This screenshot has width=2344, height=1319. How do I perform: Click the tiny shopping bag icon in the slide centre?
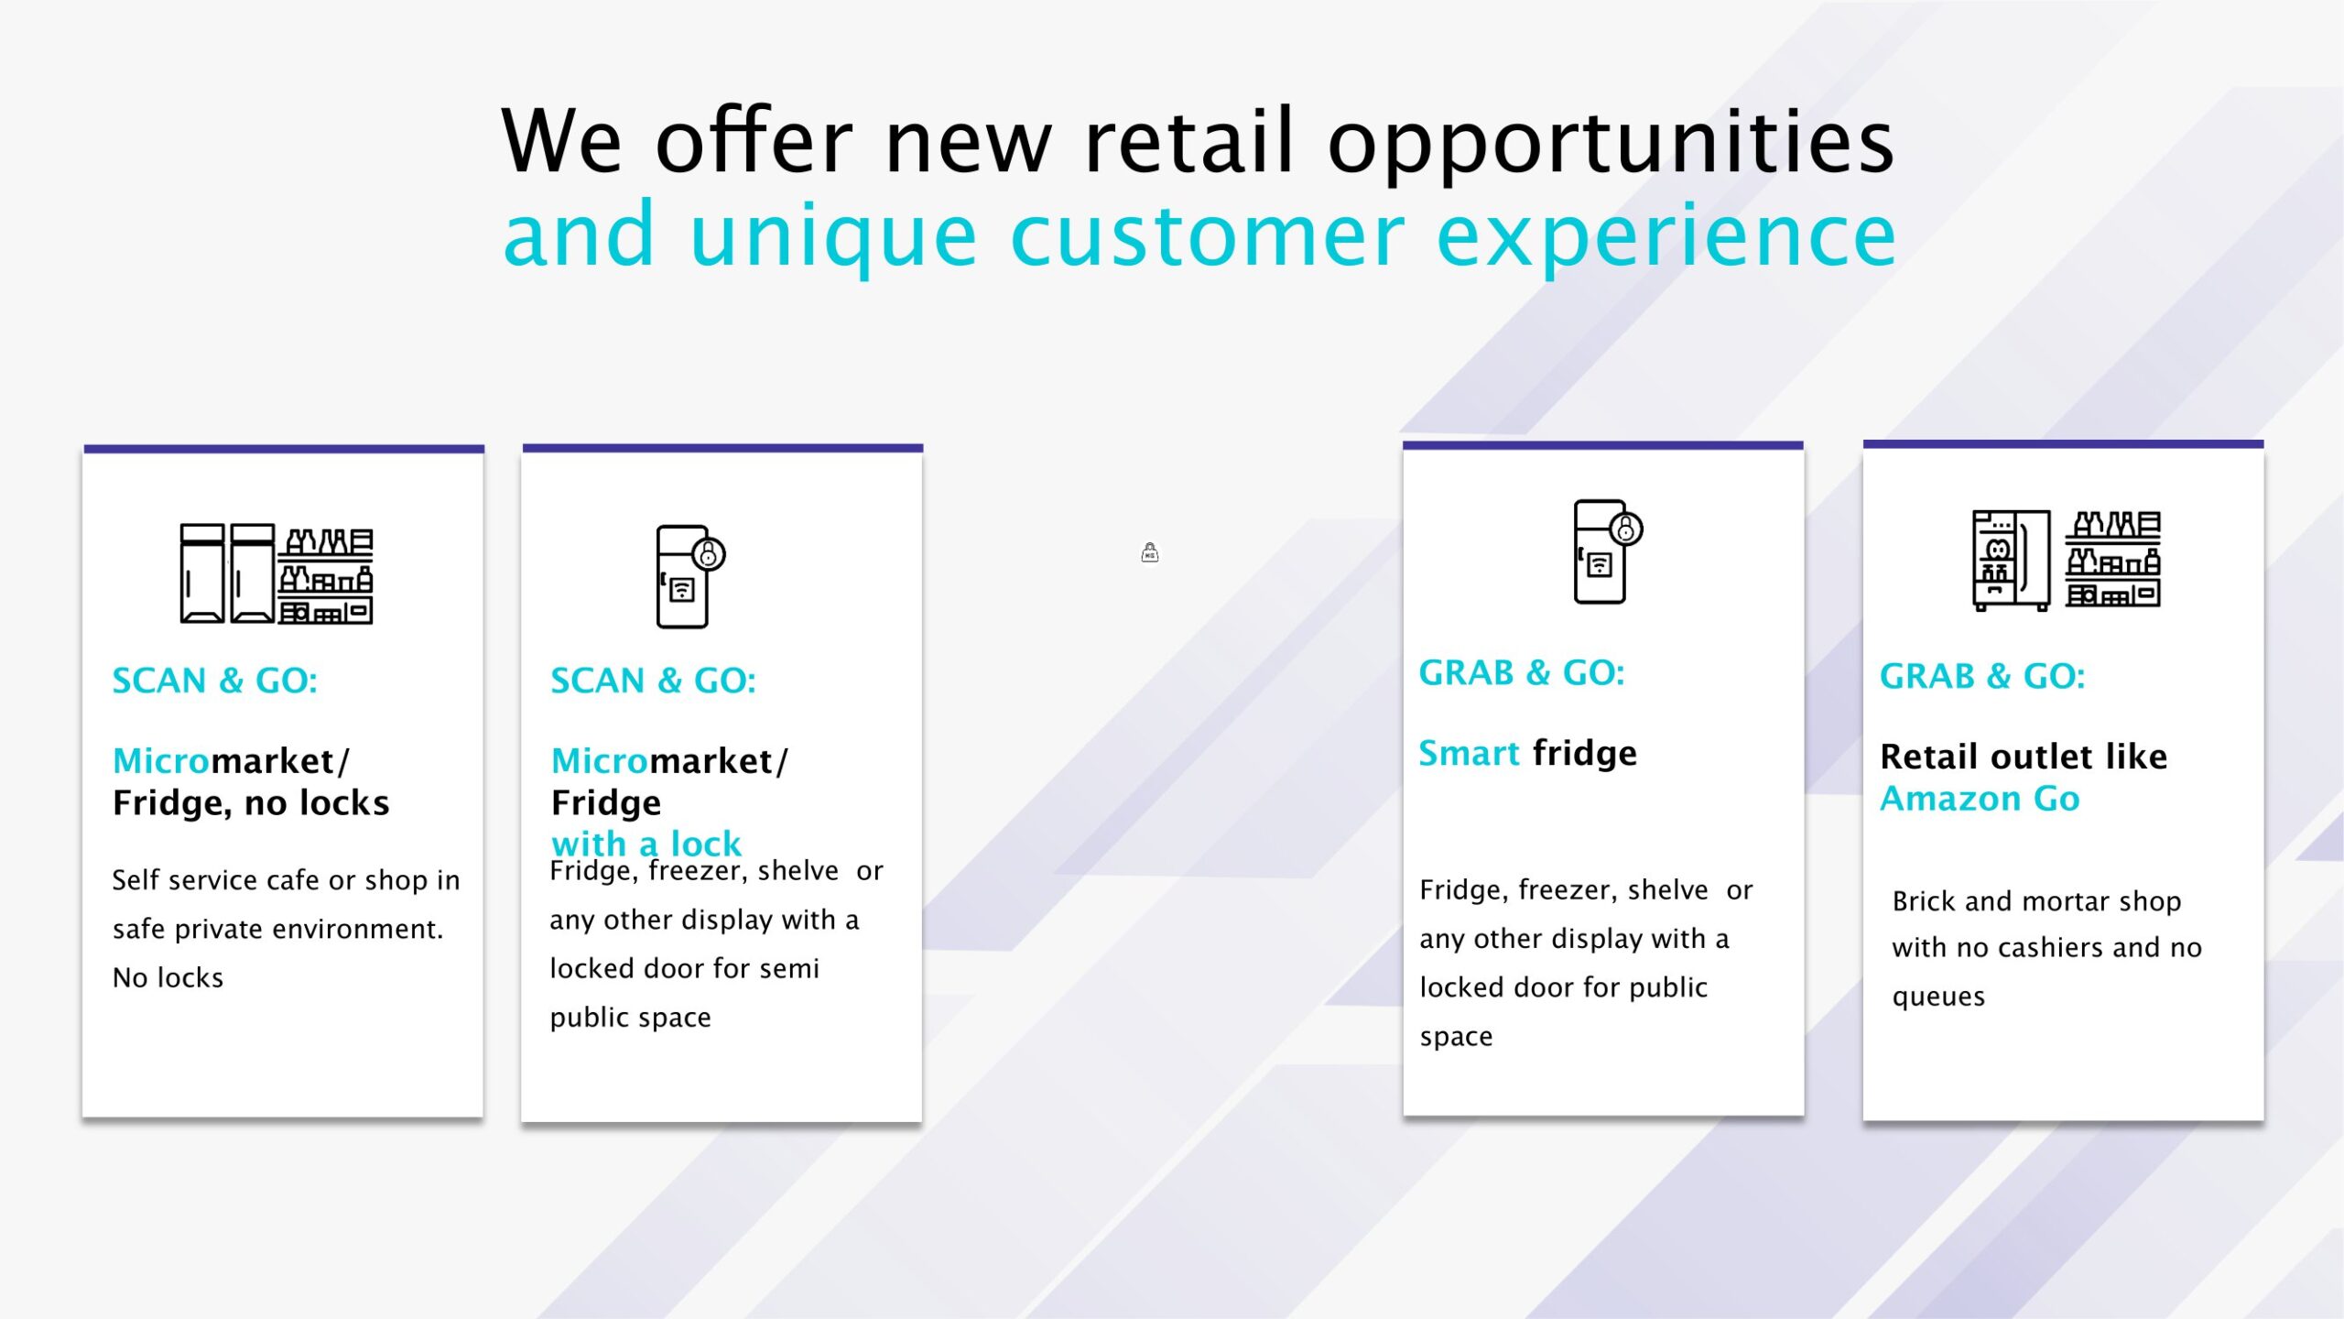[x=1150, y=552]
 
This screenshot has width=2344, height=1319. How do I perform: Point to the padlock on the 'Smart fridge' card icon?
[x=1626, y=529]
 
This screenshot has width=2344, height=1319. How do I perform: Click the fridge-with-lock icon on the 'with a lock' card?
[x=690, y=576]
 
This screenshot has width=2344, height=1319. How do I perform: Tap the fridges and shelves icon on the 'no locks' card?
[x=277, y=573]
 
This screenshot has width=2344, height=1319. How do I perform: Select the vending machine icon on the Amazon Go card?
[x=2011, y=561]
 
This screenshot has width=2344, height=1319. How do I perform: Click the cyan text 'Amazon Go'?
[x=1980, y=799]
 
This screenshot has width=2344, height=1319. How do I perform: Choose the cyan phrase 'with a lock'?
[x=646, y=843]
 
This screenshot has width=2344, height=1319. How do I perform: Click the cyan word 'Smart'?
[x=1469, y=753]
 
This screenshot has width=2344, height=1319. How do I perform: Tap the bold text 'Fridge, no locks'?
[x=251, y=803]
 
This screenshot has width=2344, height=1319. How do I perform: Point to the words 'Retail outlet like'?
[x=2024, y=757]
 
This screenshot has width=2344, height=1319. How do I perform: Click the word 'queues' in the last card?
[x=1938, y=997]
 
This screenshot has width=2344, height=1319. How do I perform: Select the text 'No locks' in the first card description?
[x=168, y=977]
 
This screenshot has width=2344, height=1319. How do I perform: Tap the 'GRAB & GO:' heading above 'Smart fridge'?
[x=1522, y=673]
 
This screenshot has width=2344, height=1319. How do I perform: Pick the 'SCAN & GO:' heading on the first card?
[x=214, y=681]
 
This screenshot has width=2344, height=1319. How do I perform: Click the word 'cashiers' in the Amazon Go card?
[x=2051, y=947]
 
